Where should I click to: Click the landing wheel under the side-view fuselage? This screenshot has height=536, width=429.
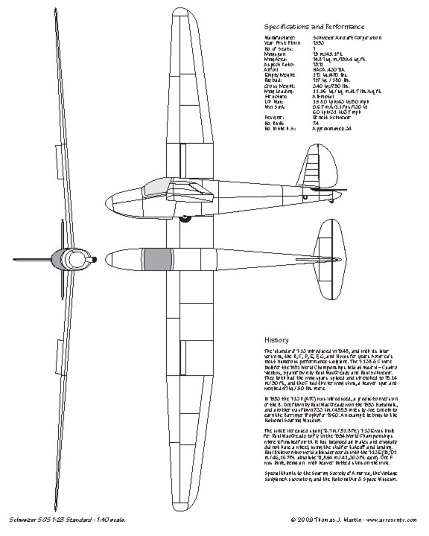click(184, 218)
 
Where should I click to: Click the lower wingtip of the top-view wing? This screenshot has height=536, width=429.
click(184, 504)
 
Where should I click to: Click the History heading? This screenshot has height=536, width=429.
click(276, 340)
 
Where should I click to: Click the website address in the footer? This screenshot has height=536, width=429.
click(391, 520)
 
